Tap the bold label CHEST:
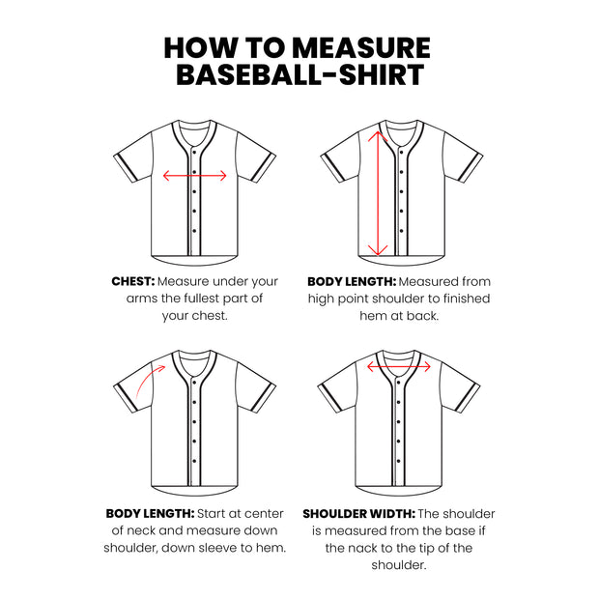pos(132,281)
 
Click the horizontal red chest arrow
pos(194,176)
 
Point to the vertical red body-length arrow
pos(378,193)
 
